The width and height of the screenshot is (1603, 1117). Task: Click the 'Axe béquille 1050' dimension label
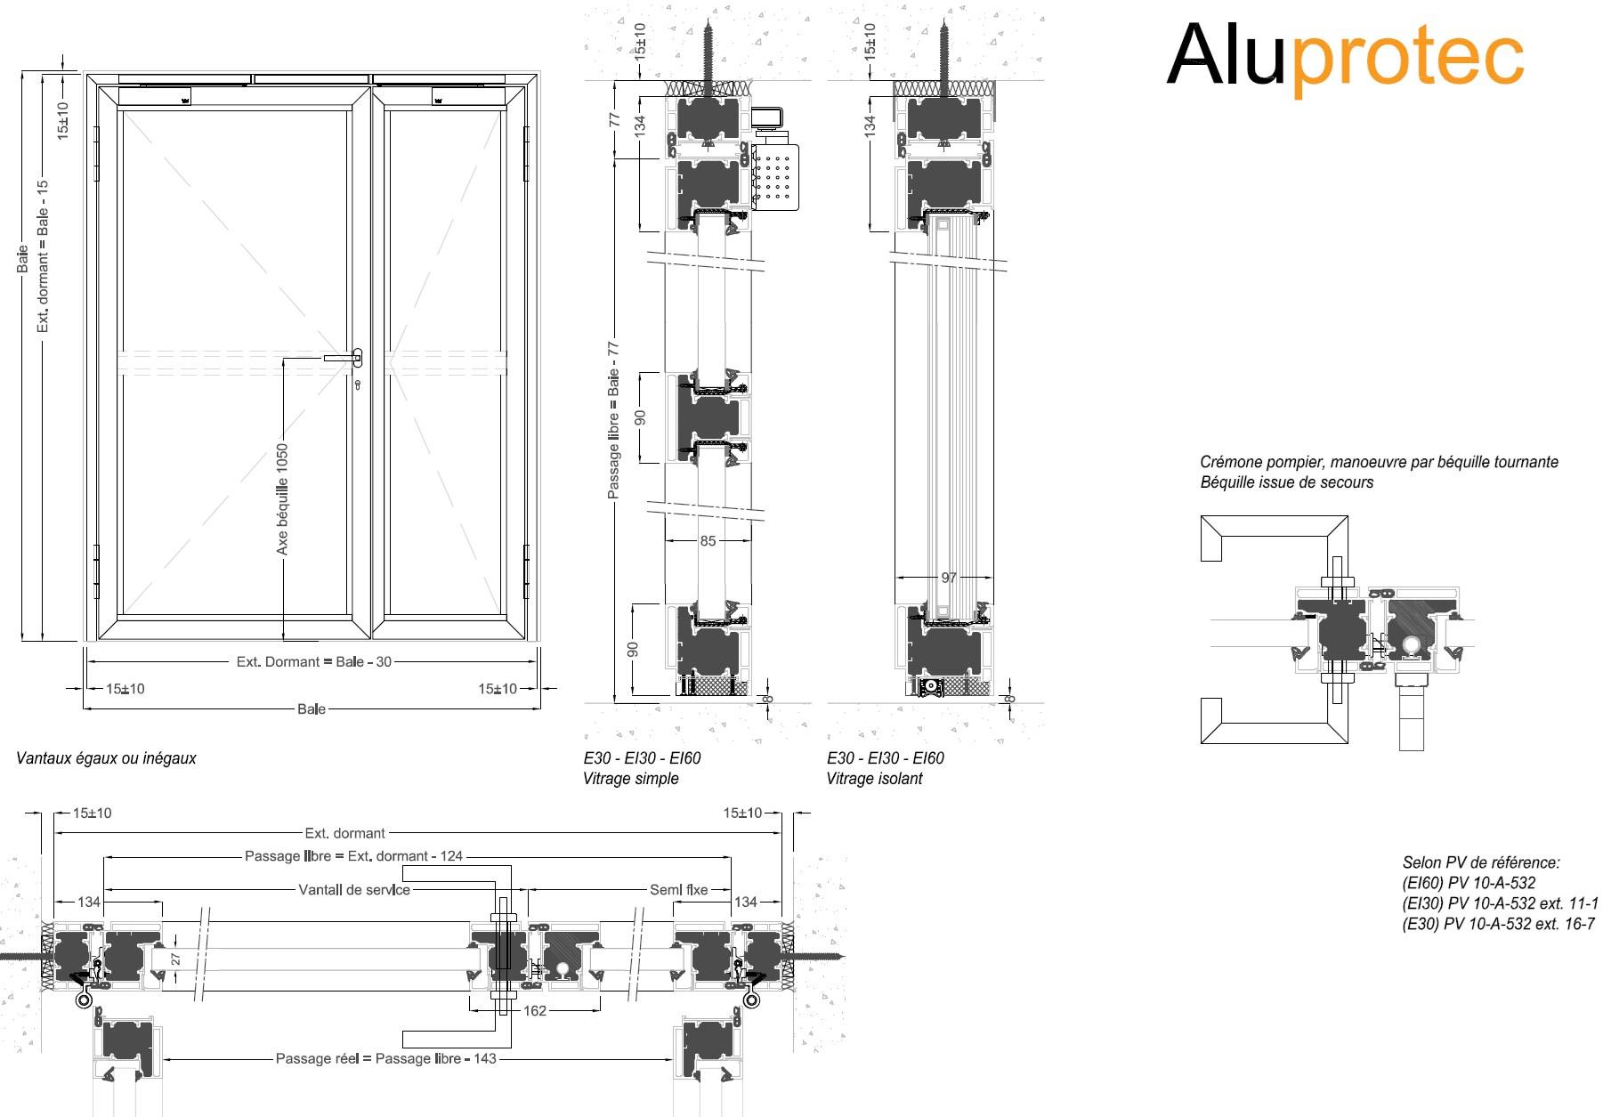tap(283, 499)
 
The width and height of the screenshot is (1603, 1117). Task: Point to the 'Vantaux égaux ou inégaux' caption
tap(106, 758)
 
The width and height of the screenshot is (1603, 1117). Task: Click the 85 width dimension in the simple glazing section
tap(708, 540)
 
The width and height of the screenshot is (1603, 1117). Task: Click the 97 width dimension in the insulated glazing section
tap(949, 578)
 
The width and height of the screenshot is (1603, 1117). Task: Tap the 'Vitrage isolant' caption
tap(874, 779)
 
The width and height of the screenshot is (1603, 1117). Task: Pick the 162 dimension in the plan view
tap(535, 1010)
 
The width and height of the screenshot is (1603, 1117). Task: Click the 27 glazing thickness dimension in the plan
tap(175, 959)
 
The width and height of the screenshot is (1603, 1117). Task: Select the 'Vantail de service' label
tap(354, 890)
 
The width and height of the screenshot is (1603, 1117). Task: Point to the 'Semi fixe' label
tap(679, 890)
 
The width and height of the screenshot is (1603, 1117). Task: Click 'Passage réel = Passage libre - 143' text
tap(385, 1059)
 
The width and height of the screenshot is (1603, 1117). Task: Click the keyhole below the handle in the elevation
tap(358, 386)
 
